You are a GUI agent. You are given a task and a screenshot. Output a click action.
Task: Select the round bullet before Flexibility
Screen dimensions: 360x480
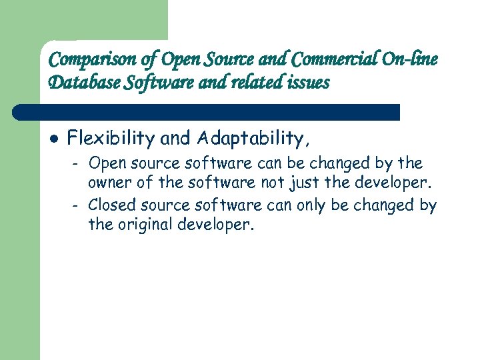point(54,139)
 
